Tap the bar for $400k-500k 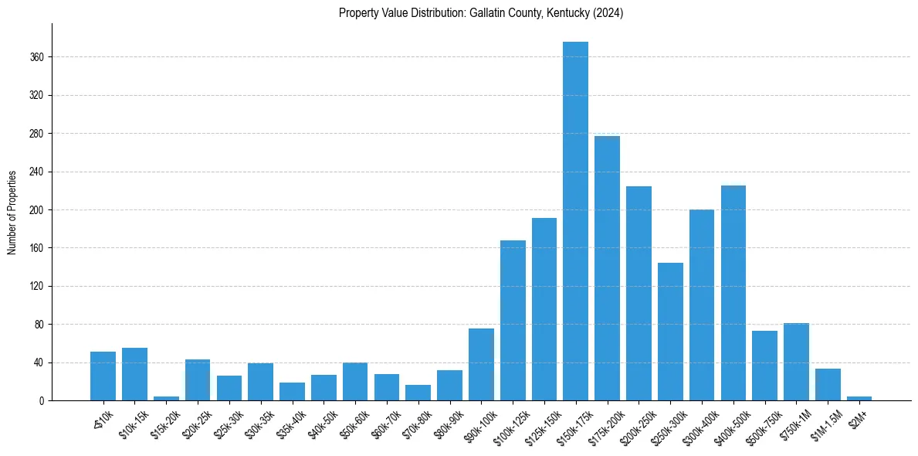click(733, 293)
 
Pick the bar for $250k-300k click(670, 332)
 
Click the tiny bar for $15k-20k click(166, 398)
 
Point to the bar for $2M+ click(859, 398)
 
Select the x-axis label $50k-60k click(353, 421)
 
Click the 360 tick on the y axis click(37, 57)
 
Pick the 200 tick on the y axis click(37, 210)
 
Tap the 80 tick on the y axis click(39, 325)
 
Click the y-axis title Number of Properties click(12, 212)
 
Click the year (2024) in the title click(608, 13)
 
